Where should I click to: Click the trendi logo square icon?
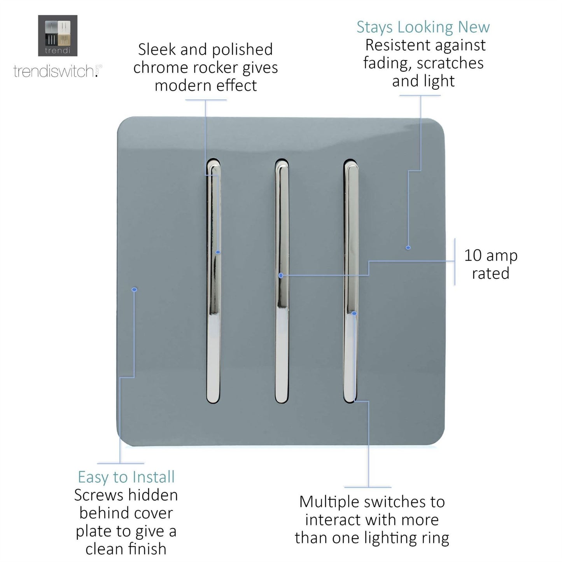tap(58, 35)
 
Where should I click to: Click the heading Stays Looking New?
tap(423, 27)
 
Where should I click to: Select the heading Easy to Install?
tap(126, 477)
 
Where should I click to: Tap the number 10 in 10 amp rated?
tap(473, 256)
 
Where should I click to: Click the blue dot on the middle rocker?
tap(281, 275)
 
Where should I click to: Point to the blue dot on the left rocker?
tap(218, 252)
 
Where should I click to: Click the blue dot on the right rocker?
tap(354, 313)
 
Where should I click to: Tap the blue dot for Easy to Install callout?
tap(135, 290)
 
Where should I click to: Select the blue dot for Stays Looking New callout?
tap(408, 247)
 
